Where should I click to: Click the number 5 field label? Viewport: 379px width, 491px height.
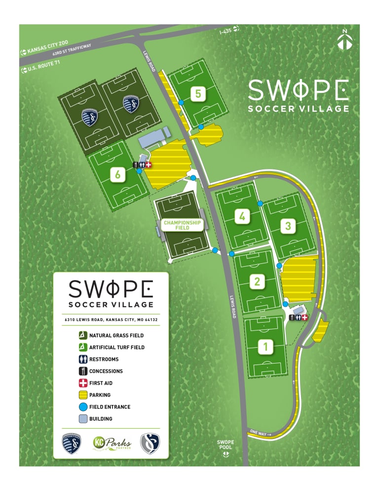coord(198,93)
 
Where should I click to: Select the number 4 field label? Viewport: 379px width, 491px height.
coord(242,216)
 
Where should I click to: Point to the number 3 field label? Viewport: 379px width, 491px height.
coord(288,226)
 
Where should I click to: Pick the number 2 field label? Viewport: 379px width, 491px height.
coord(257,282)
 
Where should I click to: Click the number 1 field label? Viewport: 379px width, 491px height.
coord(266,347)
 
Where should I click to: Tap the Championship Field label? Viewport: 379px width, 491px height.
coord(182,225)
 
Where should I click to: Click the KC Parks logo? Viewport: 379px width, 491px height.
coord(112,443)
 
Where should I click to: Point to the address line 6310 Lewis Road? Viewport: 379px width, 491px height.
coord(111,320)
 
